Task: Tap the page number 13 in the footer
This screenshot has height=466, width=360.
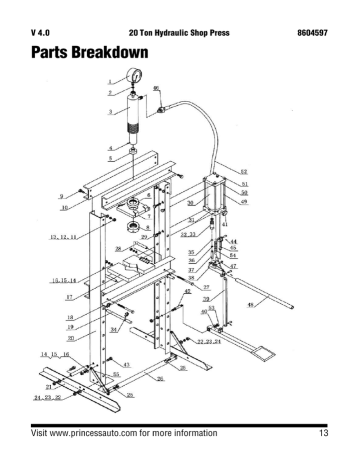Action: pos(324,433)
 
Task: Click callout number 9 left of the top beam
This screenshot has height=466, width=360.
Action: pos(63,196)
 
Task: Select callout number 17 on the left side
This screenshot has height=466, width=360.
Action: pos(68,297)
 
